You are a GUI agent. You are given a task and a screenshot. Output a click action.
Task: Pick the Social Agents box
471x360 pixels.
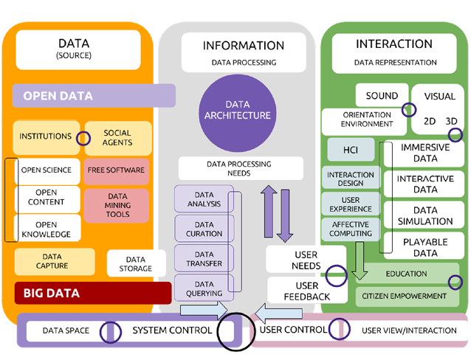tap(118, 138)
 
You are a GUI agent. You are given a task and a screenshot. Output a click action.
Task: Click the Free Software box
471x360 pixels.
tap(116, 170)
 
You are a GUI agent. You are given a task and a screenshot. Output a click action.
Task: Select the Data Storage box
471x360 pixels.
tap(135, 263)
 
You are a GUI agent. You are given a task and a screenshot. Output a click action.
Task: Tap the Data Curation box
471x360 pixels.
tap(204, 229)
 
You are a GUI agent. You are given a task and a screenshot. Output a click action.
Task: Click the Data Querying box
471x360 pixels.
tap(204, 288)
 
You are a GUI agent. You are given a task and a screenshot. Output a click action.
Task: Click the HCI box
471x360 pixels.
tap(350, 150)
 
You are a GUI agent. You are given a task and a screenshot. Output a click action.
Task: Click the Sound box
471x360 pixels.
tap(381, 96)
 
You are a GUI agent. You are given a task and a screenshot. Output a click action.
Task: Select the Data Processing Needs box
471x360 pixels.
tap(230, 168)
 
